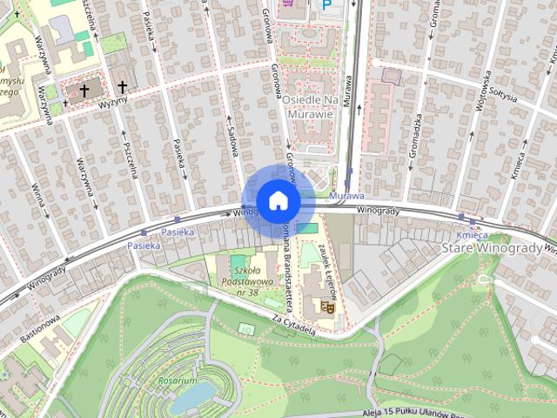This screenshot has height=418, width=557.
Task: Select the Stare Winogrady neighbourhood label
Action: tap(492, 250)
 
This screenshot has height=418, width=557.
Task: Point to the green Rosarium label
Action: tap(178, 381)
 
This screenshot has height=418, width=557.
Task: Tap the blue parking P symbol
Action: tap(327, 4)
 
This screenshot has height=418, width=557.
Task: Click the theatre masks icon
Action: tap(327, 306)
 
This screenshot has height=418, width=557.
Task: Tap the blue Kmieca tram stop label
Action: tap(471, 235)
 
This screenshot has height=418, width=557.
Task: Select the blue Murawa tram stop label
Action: tap(346, 197)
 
